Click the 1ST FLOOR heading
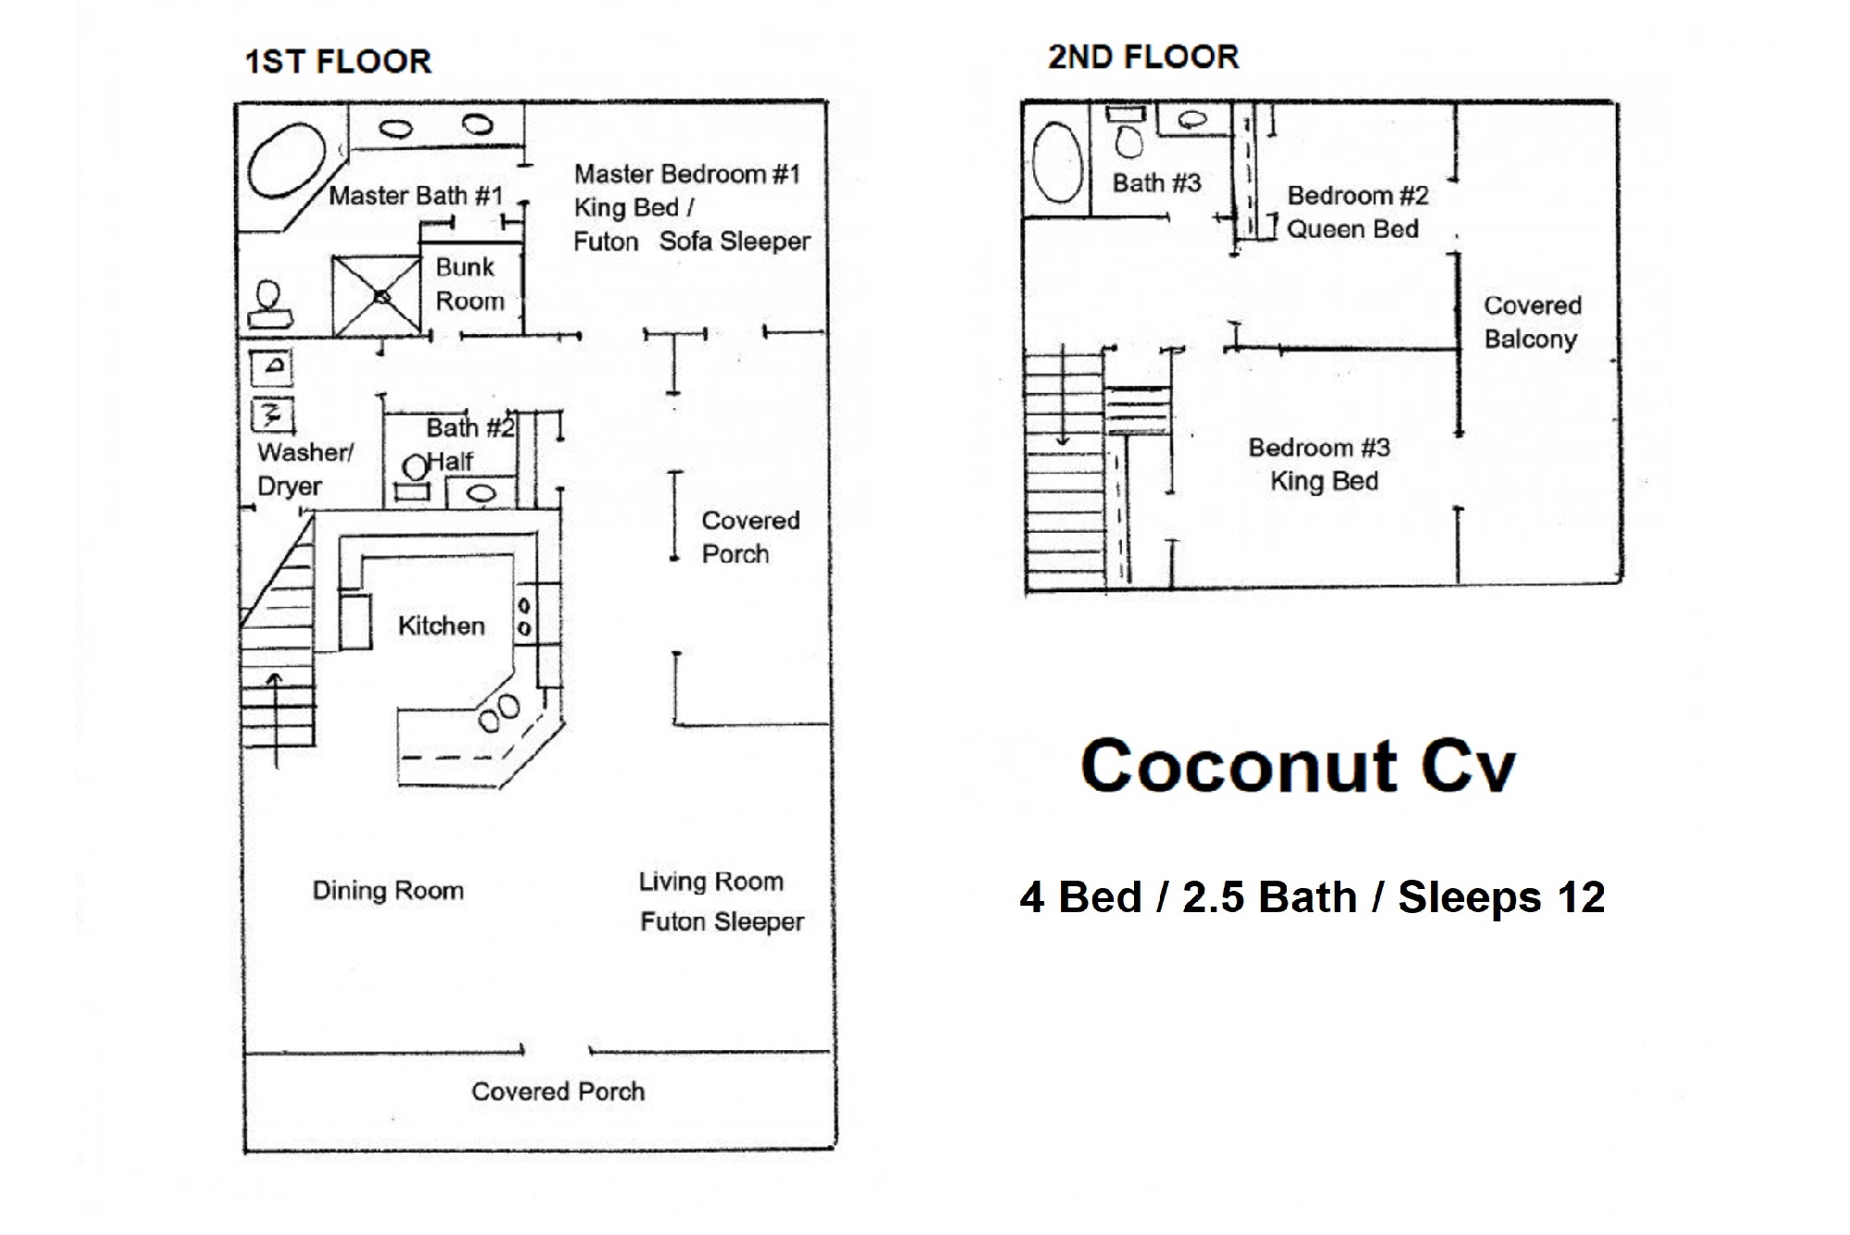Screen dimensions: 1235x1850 click(x=338, y=62)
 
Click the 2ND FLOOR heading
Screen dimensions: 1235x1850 click(x=1142, y=57)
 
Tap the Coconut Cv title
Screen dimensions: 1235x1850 click(x=1298, y=766)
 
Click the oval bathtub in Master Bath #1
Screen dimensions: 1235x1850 click(x=287, y=160)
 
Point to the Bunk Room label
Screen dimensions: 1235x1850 click(x=469, y=284)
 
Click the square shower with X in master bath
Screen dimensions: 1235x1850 click(x=377, y=296)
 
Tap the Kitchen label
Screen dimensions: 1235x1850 click(x=441, y=626)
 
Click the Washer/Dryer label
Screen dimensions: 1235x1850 click(x=303, y=469)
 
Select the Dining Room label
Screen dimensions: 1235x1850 click(x=388, y=891)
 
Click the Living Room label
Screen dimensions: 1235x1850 click(x=710, y=882)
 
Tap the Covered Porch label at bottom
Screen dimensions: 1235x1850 click(x=558, y=1092)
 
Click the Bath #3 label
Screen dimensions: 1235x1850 click(x=1156, y=183)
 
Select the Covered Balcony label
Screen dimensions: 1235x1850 click(x=1532, y=322)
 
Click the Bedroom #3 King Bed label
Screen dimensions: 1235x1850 click(x=1320, y=464)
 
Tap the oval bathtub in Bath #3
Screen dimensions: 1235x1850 click(x=1057, y=163)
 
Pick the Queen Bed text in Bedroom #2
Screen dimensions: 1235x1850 click(x=1352, y=229)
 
